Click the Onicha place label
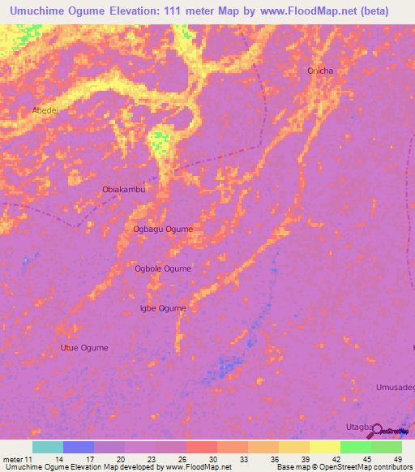point(320,71)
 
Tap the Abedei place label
point(45,109)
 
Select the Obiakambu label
point(123,189)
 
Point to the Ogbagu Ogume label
point(163,229)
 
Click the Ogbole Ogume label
point(163,268)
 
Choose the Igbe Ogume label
point(163,308)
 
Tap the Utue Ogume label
point(83,348)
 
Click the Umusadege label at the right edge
point(396,388)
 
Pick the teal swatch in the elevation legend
point(47,447)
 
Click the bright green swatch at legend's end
point(387,447)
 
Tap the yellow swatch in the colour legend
point(324,447)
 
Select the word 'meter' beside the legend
point(15,459)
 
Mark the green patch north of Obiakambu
point(160,140)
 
